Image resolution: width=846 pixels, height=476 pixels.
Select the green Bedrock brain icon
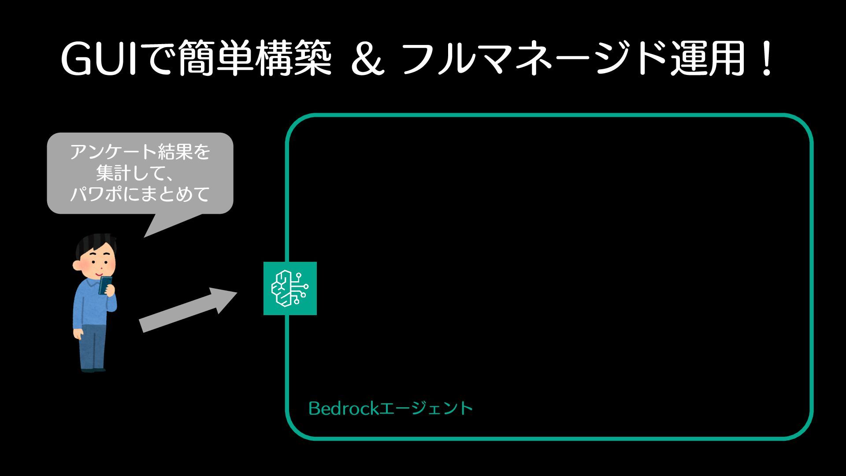click(x=290, y=288)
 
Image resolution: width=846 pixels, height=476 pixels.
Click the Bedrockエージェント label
click(x=390, y=408)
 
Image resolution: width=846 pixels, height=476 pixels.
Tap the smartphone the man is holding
click(x=105, y=285)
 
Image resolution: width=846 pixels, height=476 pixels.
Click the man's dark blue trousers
click(x=93, y=346)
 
